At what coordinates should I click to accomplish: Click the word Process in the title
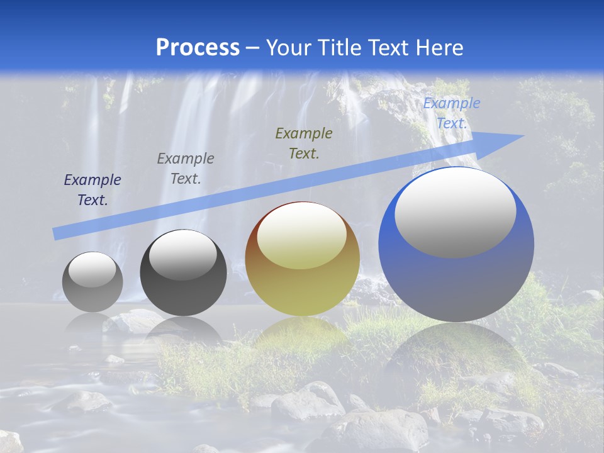tap(198, 47)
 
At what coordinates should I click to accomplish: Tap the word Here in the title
tap(439, 47)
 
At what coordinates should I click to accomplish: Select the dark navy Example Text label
tap(92, 190)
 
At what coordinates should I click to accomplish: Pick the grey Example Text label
tap(186, 169)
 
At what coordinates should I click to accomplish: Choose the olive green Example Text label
tap(304, 143)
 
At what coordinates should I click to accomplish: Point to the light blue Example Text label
tap(451, 113)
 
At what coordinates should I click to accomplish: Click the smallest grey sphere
tap(92, 293)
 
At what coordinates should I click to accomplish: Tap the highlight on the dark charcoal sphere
tap(183, 255)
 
